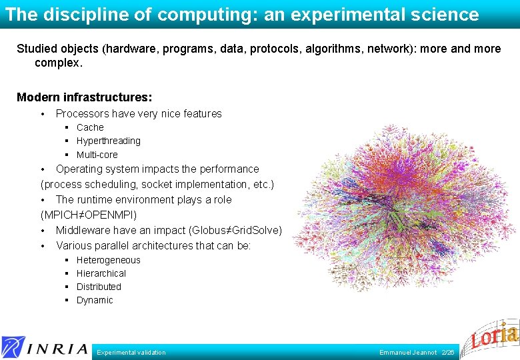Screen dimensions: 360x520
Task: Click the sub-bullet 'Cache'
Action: pyautogui.click(x=90, y=127)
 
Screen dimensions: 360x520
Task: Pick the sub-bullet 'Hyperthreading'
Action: pyautogui.click(x=108, y=141)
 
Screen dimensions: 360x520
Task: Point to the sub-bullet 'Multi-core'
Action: pyautogui.click(x=97, y=155)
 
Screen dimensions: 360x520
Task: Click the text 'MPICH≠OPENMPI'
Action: pyautogui.click(x=89, y=215)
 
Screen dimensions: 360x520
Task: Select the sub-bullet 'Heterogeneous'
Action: pyautogui.click(x=108, y=260)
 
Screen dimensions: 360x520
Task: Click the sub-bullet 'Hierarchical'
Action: pyautogui.click(x=101, y=273)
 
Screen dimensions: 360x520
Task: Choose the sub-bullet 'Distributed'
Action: pyautogui.click(x=99, y=287)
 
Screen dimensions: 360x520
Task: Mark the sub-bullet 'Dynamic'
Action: pyautogui.click(x=95, y=300)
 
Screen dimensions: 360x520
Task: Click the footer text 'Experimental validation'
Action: pyautogui.click(x=131, y=352)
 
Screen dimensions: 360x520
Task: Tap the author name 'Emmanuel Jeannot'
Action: pyautogui.click(x=408, y=352)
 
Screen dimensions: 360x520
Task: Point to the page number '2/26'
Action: pyautogui.click(x=448, y=352)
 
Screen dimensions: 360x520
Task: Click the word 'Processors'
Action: pyautogui.click(x=82, y=113)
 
